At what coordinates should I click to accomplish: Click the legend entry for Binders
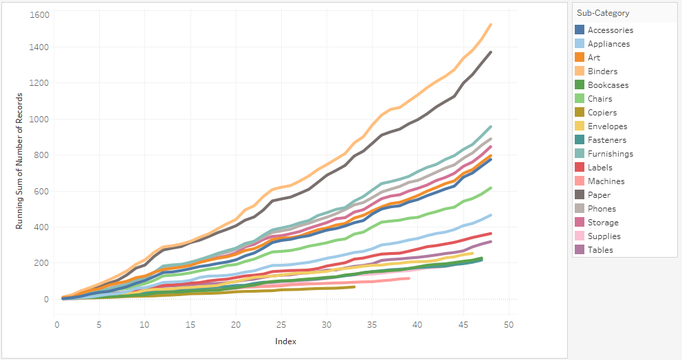[602, 71]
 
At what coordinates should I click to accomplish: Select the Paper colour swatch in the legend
[580, 195]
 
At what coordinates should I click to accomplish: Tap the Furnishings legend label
[610, 154]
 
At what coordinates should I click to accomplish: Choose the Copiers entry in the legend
[602, 113]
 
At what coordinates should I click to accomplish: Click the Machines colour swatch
[580, 181]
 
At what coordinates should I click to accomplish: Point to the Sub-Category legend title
[603, 13]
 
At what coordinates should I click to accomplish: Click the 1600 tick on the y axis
[38, 14]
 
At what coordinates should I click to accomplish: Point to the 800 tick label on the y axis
[41, 155]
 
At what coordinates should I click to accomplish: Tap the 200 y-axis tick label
[41, 263]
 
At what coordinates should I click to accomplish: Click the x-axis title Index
[285, 341]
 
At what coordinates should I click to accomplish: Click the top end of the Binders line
[490, 25]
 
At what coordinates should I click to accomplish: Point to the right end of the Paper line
[490, 52]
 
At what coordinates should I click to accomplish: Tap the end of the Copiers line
[354, 286]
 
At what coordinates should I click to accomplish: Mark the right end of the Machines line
[408, 278]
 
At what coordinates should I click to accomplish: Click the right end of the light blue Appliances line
[490, 215]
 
